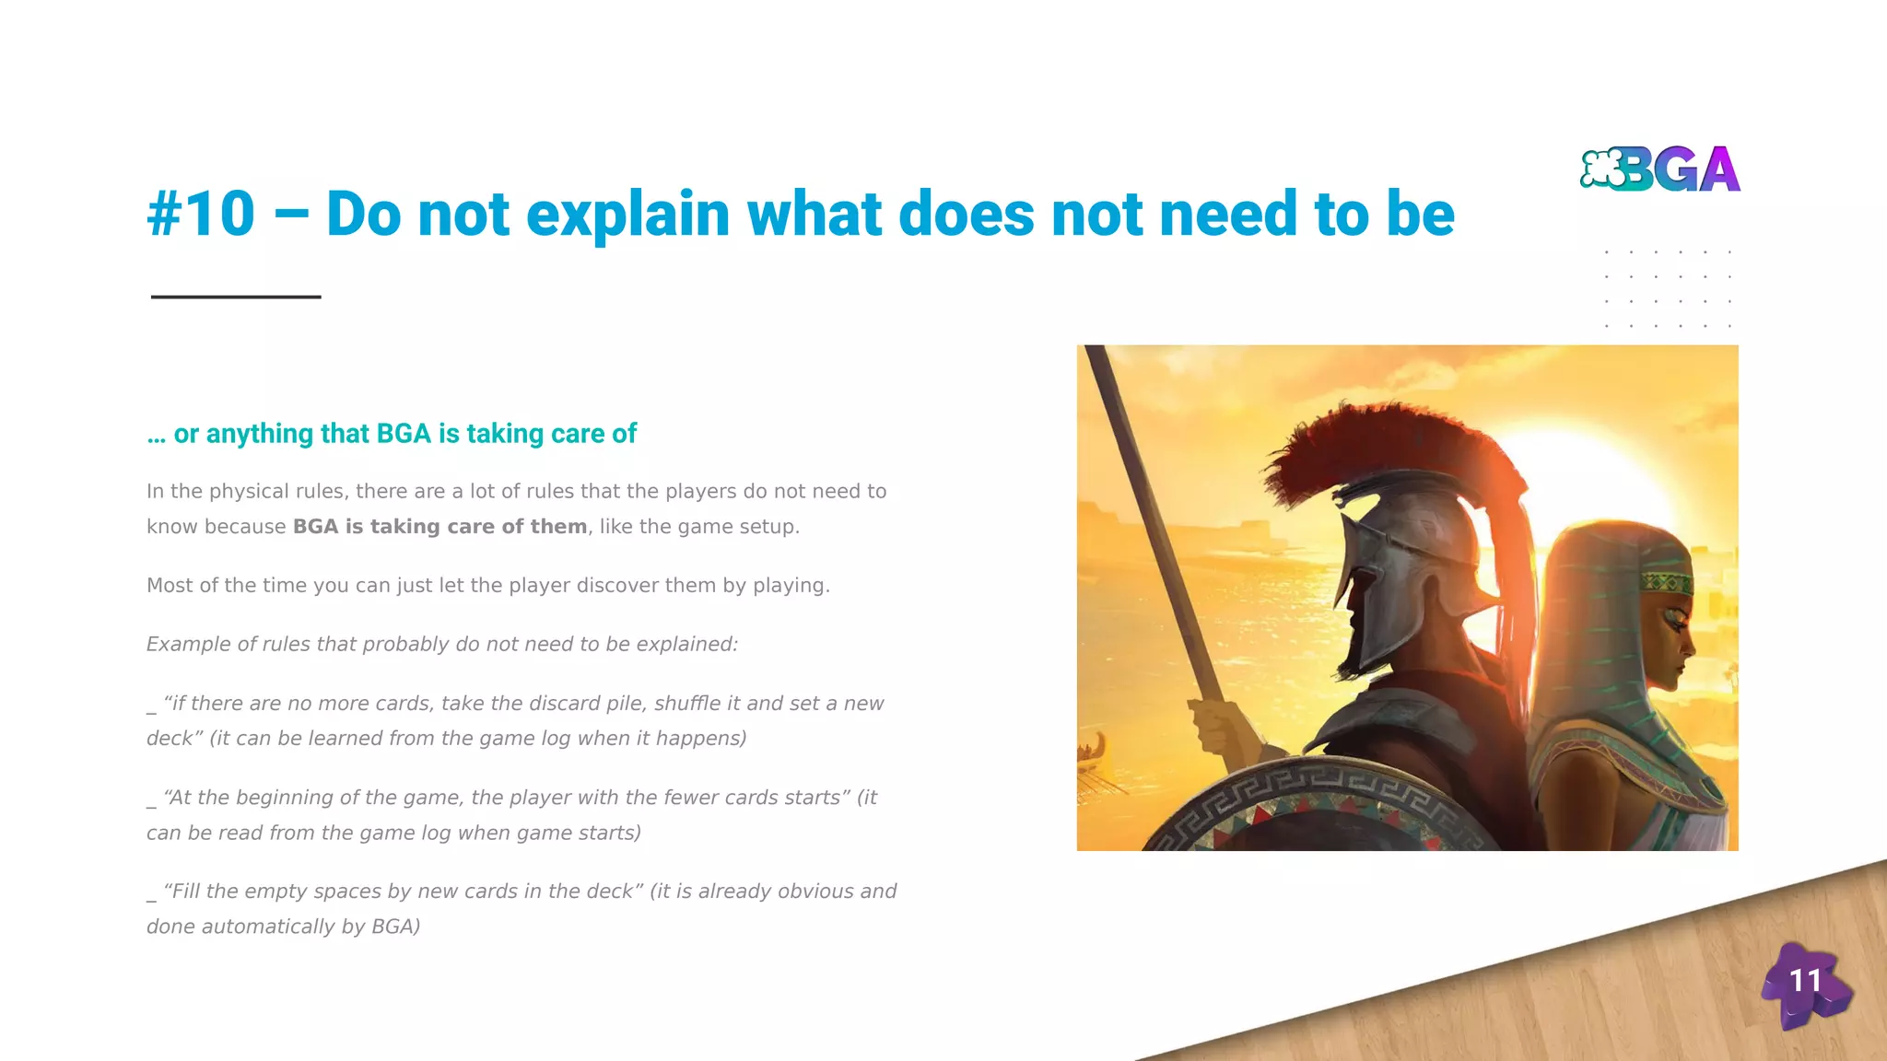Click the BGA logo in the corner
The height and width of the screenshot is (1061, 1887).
1660,169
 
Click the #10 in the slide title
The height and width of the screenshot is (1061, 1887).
201,214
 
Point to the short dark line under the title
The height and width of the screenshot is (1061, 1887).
236,297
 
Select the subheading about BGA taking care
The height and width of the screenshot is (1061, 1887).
392,434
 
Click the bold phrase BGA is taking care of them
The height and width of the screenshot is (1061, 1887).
440,527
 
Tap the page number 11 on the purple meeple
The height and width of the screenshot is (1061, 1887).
1805,981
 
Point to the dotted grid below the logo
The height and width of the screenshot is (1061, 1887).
1668,288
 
